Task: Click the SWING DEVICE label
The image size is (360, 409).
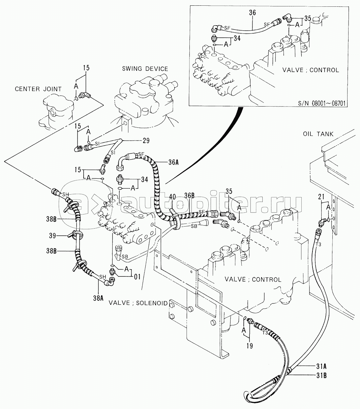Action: pos(145,69)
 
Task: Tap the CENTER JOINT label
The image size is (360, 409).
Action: pos(38,89)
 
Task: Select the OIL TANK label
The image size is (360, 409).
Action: pos(318,134)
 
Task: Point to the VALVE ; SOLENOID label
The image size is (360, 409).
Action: pos(138,303)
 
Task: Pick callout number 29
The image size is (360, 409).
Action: pos(146,141)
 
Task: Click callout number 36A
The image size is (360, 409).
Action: pos(173,162)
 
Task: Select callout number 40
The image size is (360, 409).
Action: pos(172,196)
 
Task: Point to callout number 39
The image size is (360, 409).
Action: pos(53,236)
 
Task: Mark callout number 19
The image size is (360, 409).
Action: pos(249,346)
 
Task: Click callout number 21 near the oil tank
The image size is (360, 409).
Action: pos(322,197)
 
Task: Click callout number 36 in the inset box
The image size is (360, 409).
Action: pos(252,13)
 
